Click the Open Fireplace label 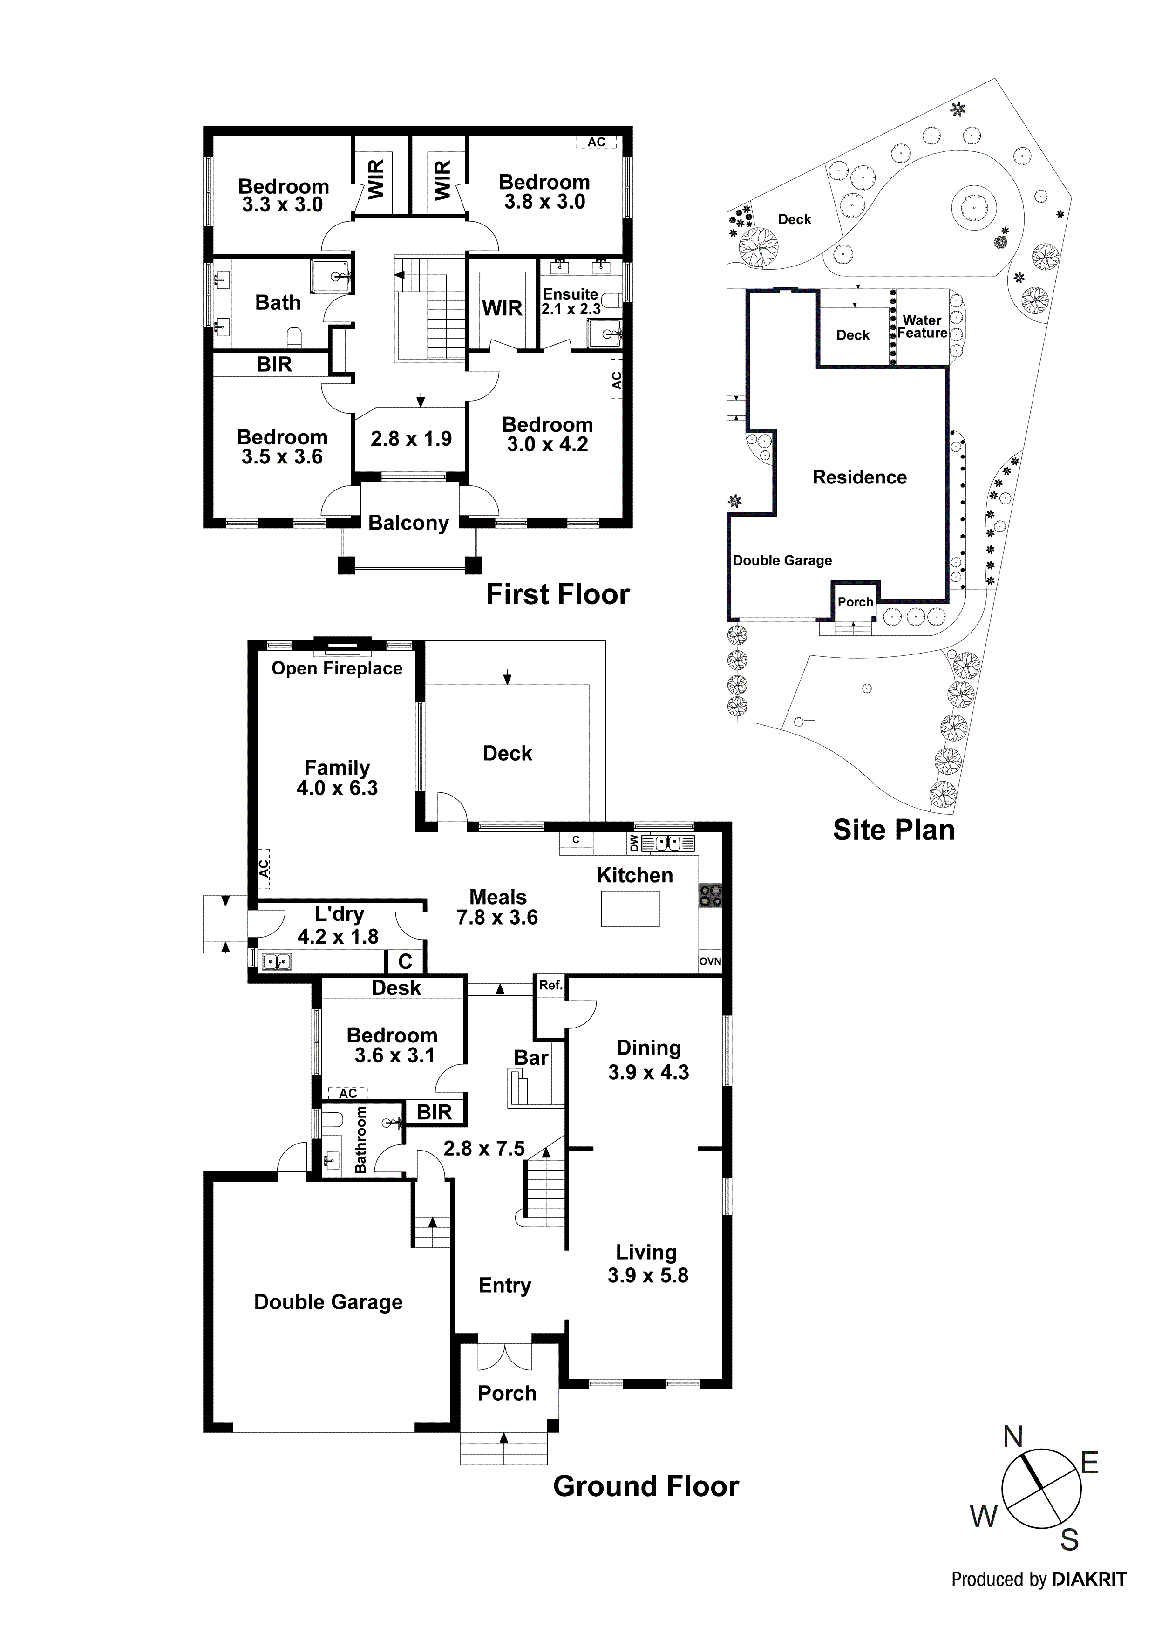pyautogui.click(x=337, y=668)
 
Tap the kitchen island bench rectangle pyautogui.click(x=630, y=909)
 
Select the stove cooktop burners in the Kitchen pyautogui.click(x=710, y=895)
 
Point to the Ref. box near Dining pyautogui.click(x=550, y=986)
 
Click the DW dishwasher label pyautogui.click(x=634, y=844)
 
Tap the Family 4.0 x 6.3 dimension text pyautogui.click(x=337, y=788)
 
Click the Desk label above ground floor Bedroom pyautogui.click(x=396, y=988)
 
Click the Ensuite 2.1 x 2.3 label pyautogui.click(x=571, y=302)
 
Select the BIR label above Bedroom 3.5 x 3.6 pyautogui.click(x=274, y=364)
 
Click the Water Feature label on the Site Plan pyautogui.click(x=922, y=327)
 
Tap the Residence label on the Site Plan pyautogui.click(x=860, y=477)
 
